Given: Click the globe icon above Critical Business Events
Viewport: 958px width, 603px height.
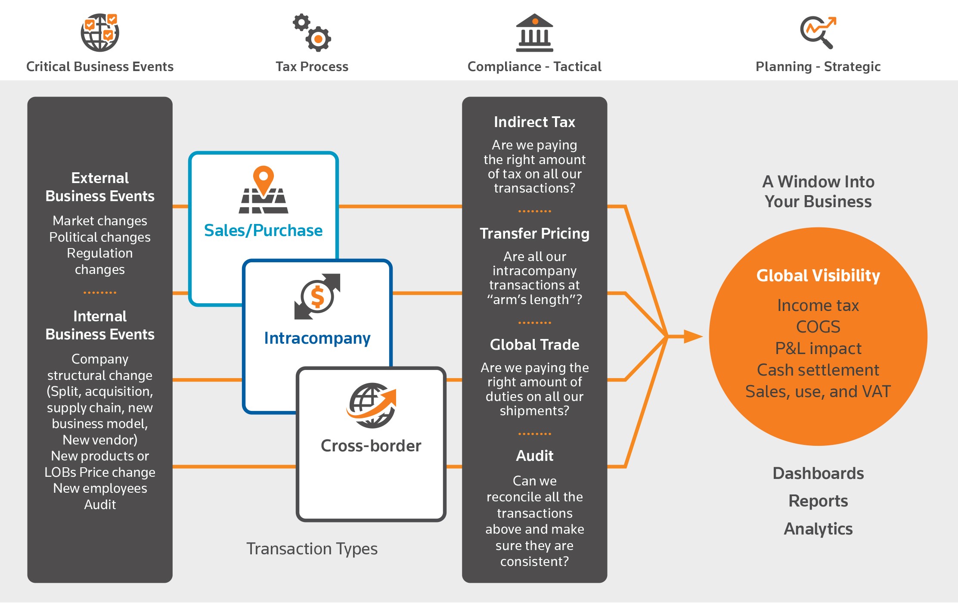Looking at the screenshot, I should pyautogui.click(x=100, y=33).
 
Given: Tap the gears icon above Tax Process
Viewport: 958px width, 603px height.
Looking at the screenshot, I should pyautogui.click(x=312, y=33).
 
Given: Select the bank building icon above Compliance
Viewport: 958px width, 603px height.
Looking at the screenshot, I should pyautogui.click(x=534, y=33).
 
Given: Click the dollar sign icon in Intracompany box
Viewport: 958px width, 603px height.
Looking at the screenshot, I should pyautogui.click(x=317, y=297).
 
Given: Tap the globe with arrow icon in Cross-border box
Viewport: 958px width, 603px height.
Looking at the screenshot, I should pyautogui.click(x=372, y=405).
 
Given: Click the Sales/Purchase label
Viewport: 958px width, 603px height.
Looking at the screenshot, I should pyautogui.click(x=263, y=230).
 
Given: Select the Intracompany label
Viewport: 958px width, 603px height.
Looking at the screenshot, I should pyautogui.click(x=317, y=338).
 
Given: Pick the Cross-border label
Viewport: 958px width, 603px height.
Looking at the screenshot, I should pyautogui.click(x=371, y=446).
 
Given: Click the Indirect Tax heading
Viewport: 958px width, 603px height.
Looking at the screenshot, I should pyautogui.click(x=534, y=122).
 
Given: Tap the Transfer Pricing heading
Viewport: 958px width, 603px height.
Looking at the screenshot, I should pyautogui.click(x=534, y=233).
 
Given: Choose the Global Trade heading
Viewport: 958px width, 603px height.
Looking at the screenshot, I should pyautogui.click(x=534, y=345).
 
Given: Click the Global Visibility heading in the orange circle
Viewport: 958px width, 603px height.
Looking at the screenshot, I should pyautogui.click(x=818, y=276).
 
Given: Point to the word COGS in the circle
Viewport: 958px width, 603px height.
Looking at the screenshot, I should pyautogui.click(x=818, y=327).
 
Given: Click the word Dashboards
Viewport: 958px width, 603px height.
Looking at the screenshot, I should pyautogui.click(x=818, y=473).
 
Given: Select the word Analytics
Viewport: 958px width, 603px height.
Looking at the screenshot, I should pyautogui.click(x=818, y=528).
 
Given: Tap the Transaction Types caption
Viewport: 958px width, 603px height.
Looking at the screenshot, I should pyautogui.click(x=312, y=549).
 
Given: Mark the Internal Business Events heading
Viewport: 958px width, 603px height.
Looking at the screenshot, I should pyautogui.click(x=100, y=325).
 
